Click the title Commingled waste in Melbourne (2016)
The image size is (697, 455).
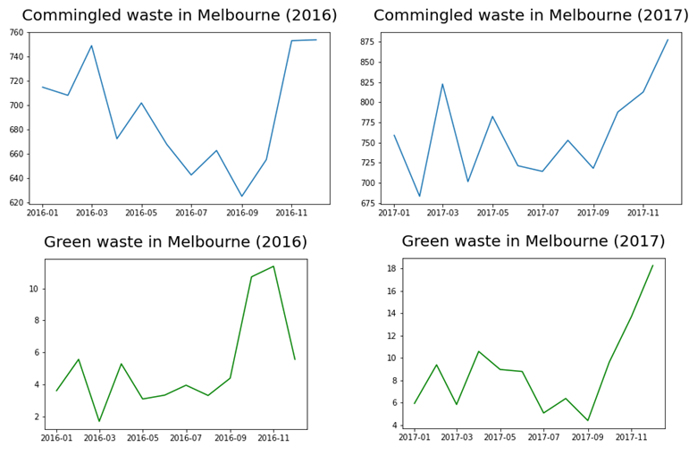click(x=192, y=16)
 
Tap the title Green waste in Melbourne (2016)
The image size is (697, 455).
click(x=175, y=242)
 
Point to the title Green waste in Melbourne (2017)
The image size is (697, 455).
click(x=533, y=241)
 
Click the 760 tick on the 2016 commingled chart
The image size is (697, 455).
click(x=16, y=32)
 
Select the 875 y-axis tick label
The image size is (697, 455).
click(x=366, y=42)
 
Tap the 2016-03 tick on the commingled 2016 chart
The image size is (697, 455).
click(x=91, y=214)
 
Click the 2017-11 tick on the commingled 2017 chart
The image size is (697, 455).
click(x=642, y=214)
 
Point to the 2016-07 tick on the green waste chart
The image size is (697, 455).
click(x=186, y=439)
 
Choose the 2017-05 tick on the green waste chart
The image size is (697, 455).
click(x=500, y=438)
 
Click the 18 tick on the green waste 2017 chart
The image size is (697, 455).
click(x=390, y=268)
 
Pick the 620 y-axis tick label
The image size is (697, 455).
click(x=16, y=203)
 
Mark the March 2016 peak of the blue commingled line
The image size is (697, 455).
click(x=91, y=46)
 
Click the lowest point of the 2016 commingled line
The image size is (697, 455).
click(x=241, y=197)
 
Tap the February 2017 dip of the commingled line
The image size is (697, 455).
click(x=419, y=197)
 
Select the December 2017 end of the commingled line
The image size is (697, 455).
click(x=668, y=39)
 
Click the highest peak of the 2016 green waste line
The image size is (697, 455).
click(x=273, y=266)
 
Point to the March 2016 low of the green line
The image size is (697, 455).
click(x=99, y=421)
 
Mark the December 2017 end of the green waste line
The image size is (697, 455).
click(x=653, y=265)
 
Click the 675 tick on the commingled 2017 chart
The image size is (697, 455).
click(x=366, y=204)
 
